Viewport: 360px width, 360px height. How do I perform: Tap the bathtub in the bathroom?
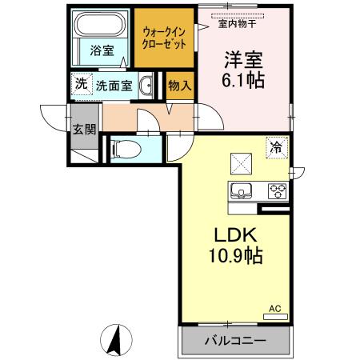point(101,26)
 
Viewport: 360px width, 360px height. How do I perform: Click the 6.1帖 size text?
point(244,80)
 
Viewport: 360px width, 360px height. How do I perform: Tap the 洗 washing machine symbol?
point(80,83)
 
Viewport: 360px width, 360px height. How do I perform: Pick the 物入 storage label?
point(179,86)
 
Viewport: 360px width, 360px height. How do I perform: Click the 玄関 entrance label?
point(84,129)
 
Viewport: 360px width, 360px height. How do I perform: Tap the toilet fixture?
point(124,149)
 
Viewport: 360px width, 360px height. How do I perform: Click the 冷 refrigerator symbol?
point(275,146)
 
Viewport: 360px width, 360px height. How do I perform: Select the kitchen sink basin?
point(242,191)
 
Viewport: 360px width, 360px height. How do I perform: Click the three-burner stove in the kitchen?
point(277,191)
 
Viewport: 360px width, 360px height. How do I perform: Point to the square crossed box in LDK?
point(240,163)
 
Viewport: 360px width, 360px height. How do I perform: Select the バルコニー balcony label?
point(233,340)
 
